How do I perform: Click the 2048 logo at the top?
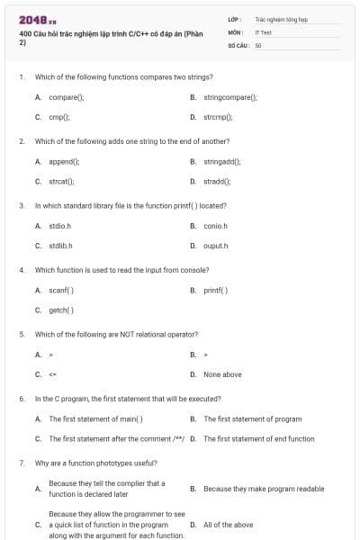tap(37, 20)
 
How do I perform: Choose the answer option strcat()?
tap(61, 182)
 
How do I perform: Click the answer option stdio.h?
tap(59, 226)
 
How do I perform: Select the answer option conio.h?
tap(215, 226)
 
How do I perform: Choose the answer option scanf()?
tap(61, 290)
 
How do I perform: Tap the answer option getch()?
tap(61, 310)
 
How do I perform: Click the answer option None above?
tap(222, 374)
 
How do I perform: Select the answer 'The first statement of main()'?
tap(95, 418)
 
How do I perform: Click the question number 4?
tap(22, 269)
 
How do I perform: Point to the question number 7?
tap(22, 463)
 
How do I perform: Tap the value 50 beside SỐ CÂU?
tap(257, 43)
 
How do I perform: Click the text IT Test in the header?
tap(263, 31)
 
